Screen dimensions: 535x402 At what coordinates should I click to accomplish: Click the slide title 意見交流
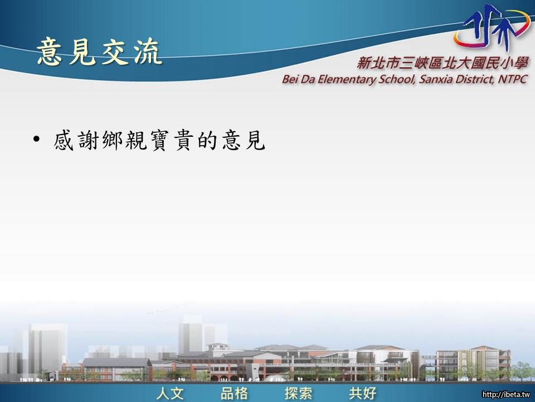[99, 51]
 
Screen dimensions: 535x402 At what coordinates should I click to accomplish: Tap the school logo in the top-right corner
[492, 26]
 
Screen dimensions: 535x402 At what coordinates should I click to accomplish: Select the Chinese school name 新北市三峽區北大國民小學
[442, 63]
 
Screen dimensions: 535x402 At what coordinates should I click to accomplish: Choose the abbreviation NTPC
[513, 79]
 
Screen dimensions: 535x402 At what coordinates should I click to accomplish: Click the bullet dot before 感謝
[37, 140]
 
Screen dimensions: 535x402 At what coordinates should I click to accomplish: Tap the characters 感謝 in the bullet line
[76, 140]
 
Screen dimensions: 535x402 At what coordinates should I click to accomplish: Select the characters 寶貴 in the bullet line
[171, 140]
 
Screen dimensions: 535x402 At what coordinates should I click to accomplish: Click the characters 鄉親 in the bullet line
[124, 140]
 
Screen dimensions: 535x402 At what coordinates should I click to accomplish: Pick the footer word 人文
[171, 393]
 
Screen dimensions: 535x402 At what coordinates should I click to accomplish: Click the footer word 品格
[234, 393]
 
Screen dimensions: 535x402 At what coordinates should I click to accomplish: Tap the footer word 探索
[298, 393]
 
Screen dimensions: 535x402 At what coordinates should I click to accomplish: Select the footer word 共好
[362, 393]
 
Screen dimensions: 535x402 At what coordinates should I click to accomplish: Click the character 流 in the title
[148, 51]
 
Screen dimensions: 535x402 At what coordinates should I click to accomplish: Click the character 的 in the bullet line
[207, 140]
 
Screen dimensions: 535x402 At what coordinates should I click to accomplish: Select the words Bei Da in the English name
[299, 79]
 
